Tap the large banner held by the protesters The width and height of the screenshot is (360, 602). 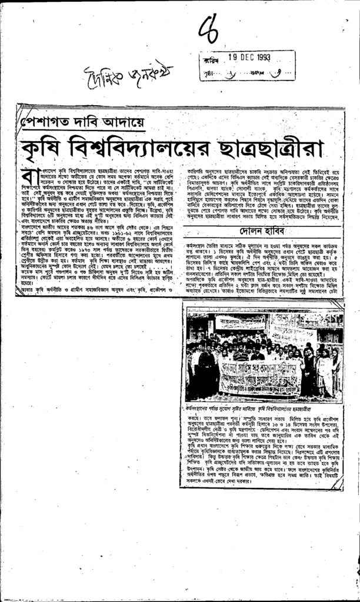pos(262,375)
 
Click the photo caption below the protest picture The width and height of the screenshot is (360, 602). pos(259,407)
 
